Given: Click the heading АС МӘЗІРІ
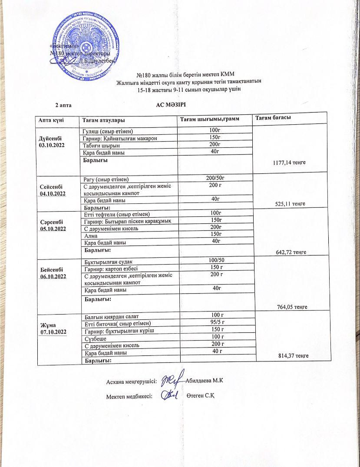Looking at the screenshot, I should pyautogui.click(x=171, y=105).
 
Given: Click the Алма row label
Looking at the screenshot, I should pyautogui.click(x=91, y=235).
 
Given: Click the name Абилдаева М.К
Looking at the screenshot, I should pyautogui.click(x=205, y=381).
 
